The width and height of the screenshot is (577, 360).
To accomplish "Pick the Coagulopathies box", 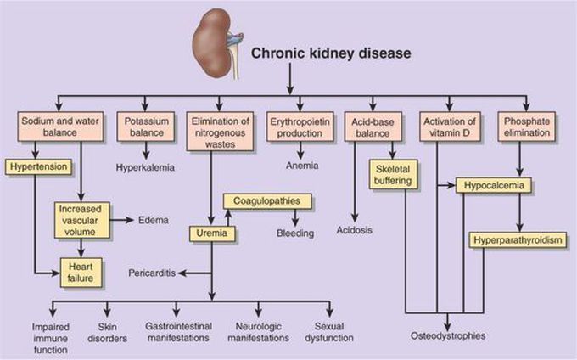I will [x=267, y=201].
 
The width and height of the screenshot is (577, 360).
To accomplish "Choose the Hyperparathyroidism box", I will [x=516, y=240].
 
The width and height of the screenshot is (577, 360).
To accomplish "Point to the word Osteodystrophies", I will [x=454, y=335].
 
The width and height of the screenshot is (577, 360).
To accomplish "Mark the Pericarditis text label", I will [x=152, y=274].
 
